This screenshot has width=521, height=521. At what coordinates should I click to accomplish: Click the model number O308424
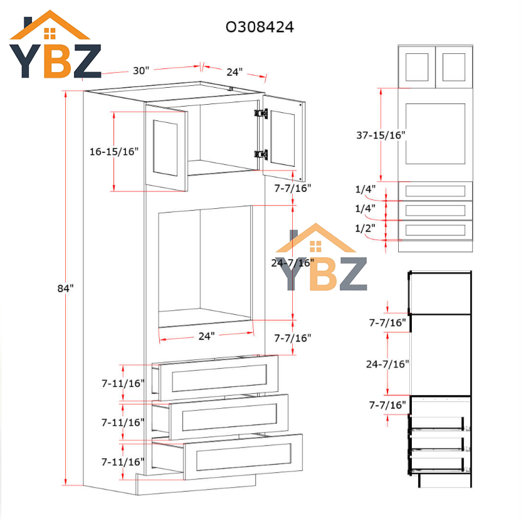point(260,27)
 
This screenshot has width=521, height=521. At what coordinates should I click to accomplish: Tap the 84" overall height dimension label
point(65,288)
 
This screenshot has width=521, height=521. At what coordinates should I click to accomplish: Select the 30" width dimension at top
point(141,70)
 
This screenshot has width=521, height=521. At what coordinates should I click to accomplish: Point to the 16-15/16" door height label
point(114,152)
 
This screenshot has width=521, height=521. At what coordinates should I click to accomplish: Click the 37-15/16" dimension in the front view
point(381,135)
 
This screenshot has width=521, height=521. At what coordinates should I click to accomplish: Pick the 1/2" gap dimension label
point(365,228)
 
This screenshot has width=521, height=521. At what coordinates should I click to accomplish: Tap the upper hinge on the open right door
point(261,113)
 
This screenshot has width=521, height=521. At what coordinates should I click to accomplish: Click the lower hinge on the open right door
point(261,154)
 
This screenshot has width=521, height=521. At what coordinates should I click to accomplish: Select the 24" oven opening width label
point(206,336)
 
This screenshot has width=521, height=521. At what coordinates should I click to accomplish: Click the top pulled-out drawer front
point(218,378)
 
